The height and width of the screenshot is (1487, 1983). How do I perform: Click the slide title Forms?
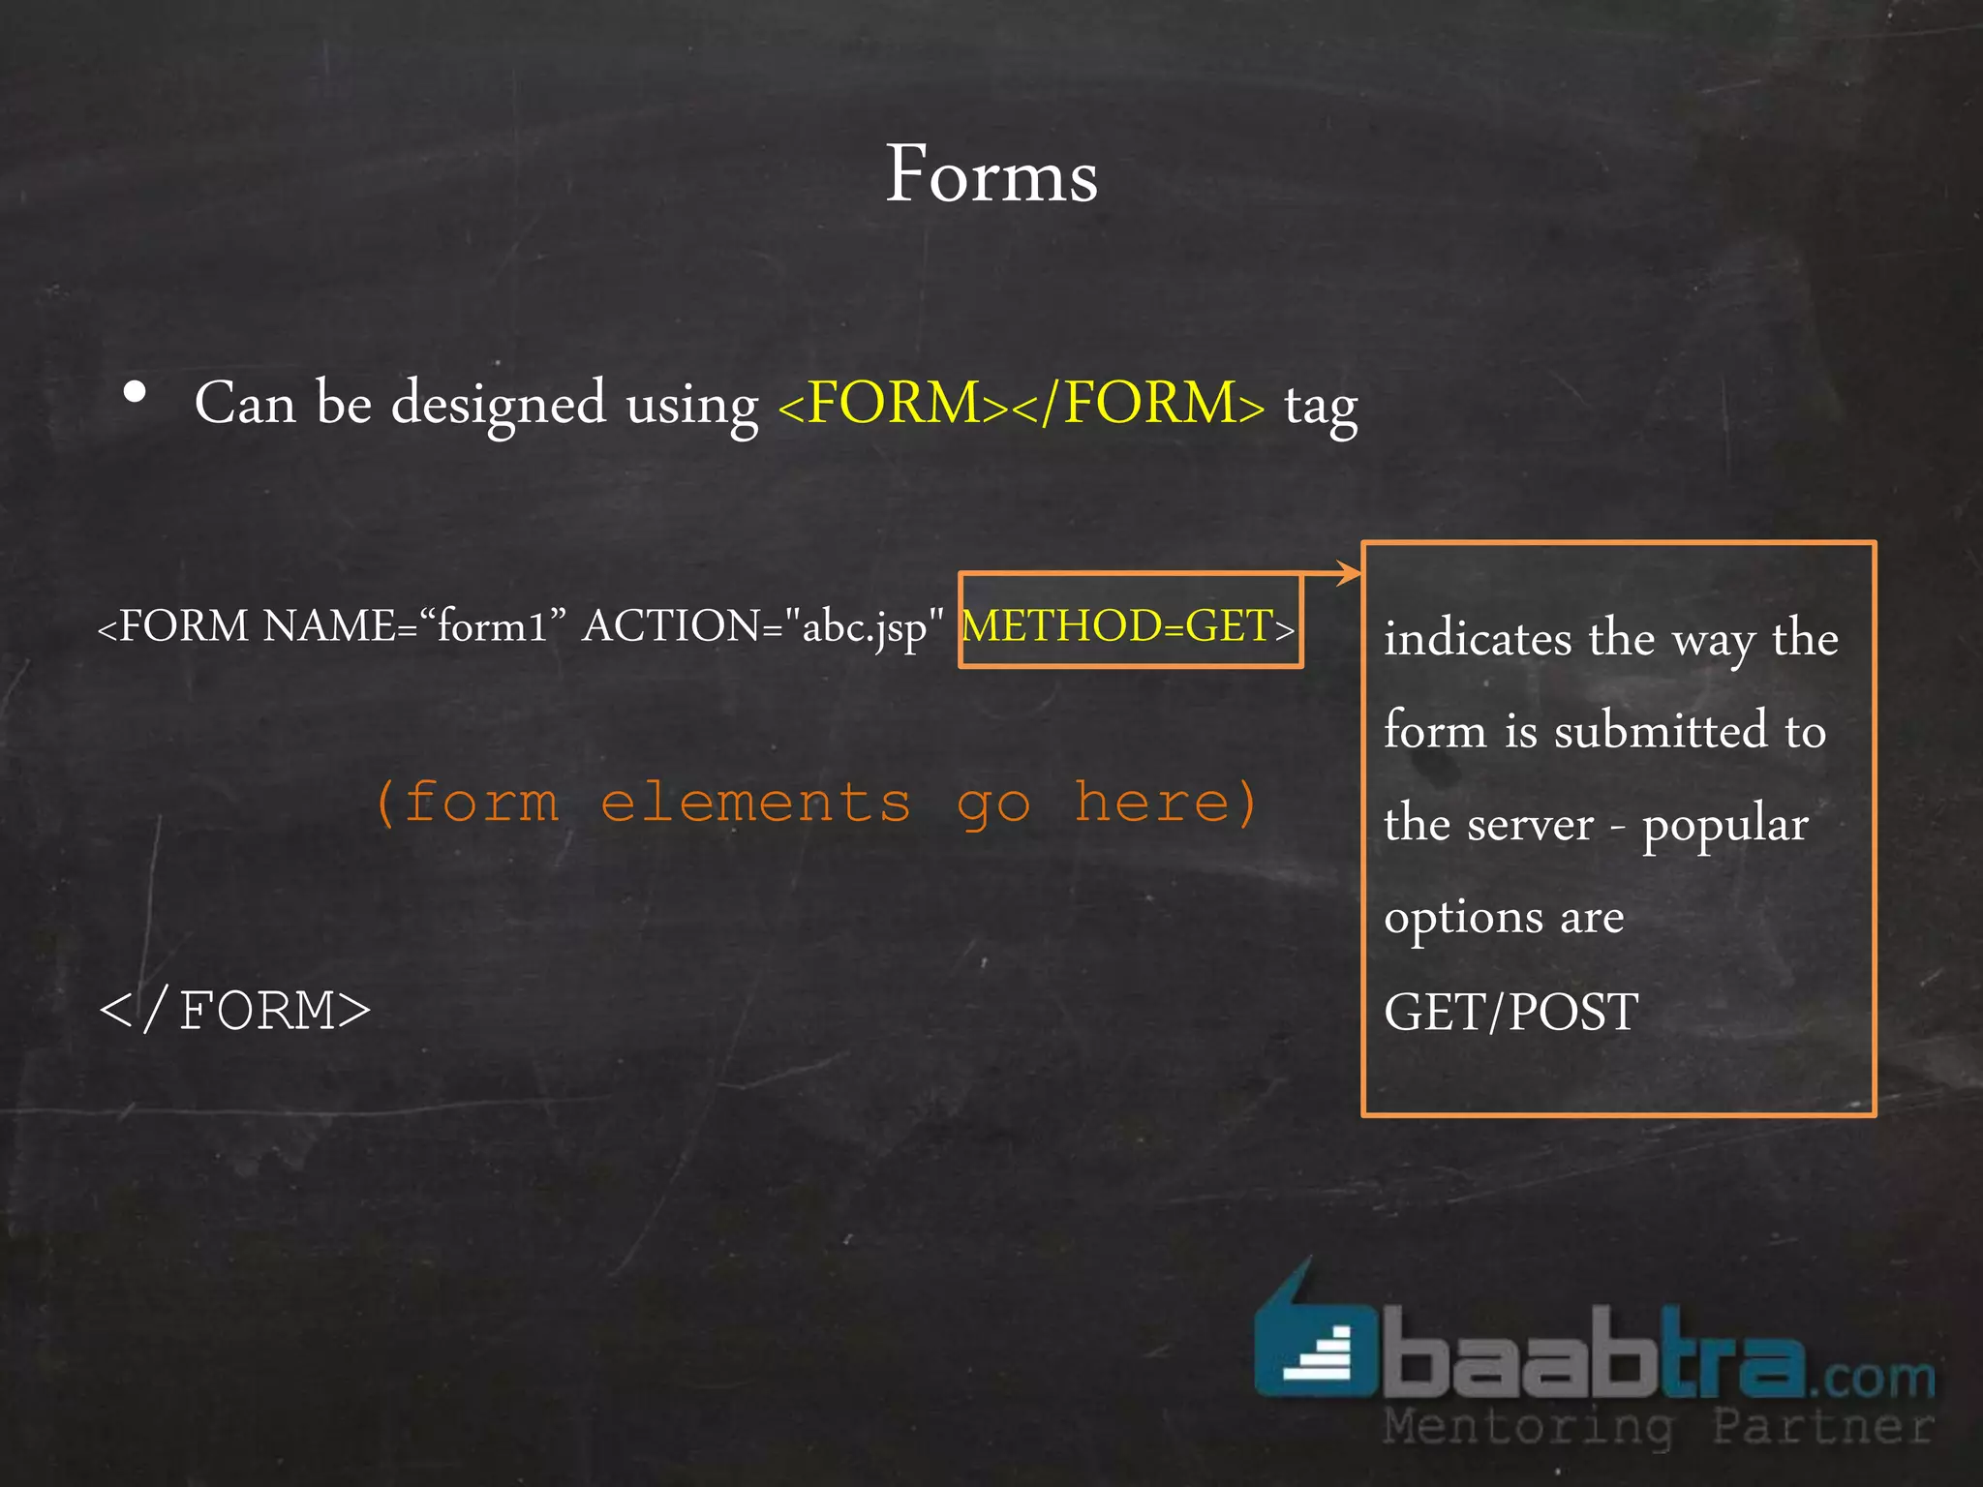pyautogui.click(x=991, y=174)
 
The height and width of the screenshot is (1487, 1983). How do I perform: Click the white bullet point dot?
pyautogui.click(x=136, y=392)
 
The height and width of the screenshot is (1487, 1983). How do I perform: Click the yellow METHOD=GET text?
pyautogui.click(x=1118, y=625)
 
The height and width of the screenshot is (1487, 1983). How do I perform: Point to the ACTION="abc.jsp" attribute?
pyautogui.click(x=763, y=627)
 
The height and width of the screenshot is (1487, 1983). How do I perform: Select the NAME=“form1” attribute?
pyautogui.click(x=414, y=625)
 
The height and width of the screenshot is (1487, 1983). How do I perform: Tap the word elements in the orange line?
pyautogui.click(x=755, y=804)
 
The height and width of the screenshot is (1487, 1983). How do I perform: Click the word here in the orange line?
pyautogui.click(x=1152, y=804)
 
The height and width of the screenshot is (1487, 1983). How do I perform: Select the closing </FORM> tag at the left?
pyautogui.click(x=235, y=1011)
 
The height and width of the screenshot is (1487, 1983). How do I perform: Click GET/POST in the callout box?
pyautogui.click(x=1510, y=1013)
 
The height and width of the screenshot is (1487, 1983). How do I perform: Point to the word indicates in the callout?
pyautogui.click(x=1478, y=639)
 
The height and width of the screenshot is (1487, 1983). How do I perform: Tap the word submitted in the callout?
pyautogui.click(x=1661, y=731)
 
